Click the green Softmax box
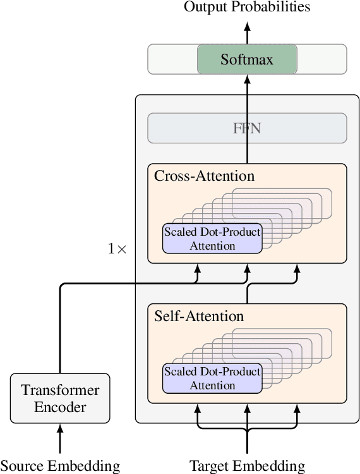click(247, 59)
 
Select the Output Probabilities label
click(247, 8)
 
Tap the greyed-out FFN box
click(247, 128)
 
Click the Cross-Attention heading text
click(204, 176)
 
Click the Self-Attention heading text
click(199, 315)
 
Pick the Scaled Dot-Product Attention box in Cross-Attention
click(212, 239)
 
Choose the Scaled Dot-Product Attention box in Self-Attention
click(212, 379)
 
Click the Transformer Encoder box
click(60, 398)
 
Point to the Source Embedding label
click(60, 466)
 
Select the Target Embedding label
click(247, 466)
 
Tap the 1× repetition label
click(117, 249)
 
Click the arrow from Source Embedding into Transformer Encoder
click(60, 439)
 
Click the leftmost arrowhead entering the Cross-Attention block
click(198, 269)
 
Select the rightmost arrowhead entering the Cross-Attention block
click(296, 269)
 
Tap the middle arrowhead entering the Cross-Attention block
click(247, 269)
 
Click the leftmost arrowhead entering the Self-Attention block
click(198, 408)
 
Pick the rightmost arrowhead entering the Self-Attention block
click(296, 408)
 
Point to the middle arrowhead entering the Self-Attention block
click(247, 408)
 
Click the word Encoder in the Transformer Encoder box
click(60, 406)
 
